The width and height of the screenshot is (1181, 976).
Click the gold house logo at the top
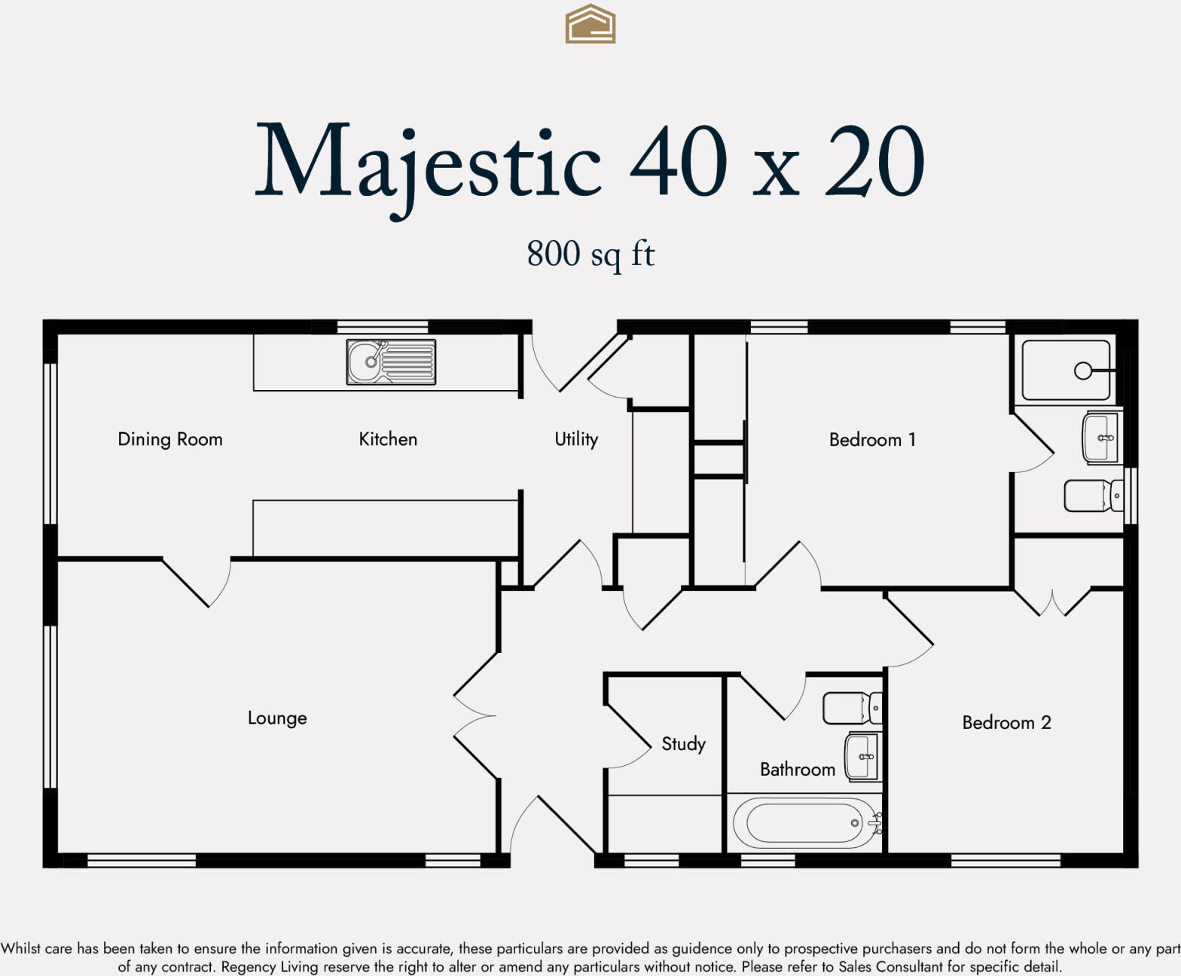[590, 24]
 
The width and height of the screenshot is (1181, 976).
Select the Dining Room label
[169, 439]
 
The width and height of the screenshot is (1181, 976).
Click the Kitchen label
[388, 439]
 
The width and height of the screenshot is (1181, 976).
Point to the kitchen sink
[391, 362]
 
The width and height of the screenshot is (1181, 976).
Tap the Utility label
[576, 439]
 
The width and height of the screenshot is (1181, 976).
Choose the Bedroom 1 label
[872, 439]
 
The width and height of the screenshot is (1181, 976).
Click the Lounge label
[277, 718]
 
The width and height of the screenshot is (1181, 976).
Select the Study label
[683, 744]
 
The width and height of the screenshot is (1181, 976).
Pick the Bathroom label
[798, 770]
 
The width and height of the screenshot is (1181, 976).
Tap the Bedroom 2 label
[1007, 723]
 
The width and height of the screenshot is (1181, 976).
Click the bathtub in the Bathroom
[807, 823]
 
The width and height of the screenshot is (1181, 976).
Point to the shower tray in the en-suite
[1067, 371]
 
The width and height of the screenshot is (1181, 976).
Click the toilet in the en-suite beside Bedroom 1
[1094, 496]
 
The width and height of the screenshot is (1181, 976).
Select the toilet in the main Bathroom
[852, 708]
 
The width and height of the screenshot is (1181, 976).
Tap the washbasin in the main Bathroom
[862, 757]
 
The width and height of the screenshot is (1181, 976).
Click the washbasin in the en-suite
[1100, 438]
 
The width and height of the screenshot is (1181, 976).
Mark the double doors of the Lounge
[476, 716]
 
